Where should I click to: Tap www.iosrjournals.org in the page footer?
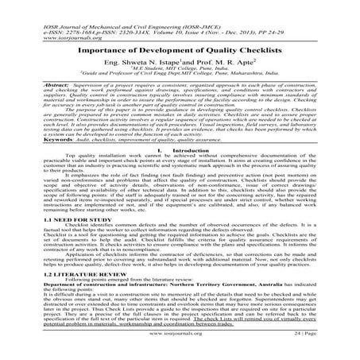point(180,347)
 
